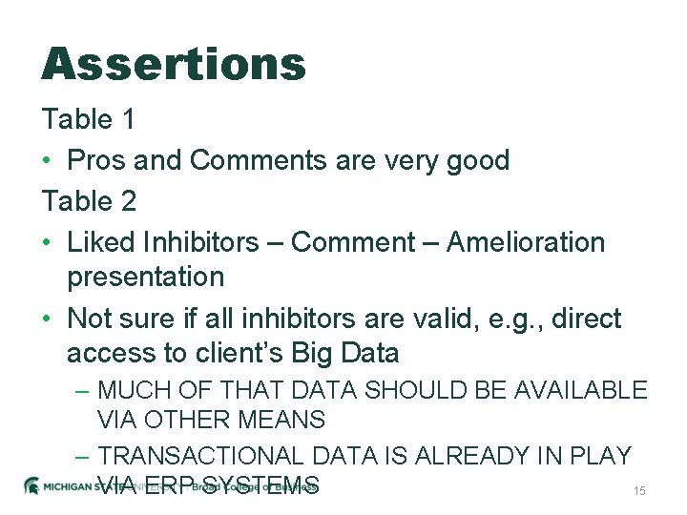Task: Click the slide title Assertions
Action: (x=174, y=65)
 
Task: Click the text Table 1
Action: (x=88, y=120)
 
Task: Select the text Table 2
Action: (x=89, y=201)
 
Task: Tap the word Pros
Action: (x=96, y=160)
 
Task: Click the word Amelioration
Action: (x=525, y=242)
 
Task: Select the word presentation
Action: (x=145, y=278)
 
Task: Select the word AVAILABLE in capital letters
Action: (x=579, y=390)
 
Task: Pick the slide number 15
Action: (x=639, y=490)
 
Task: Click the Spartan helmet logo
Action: (x=31, y=484)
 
